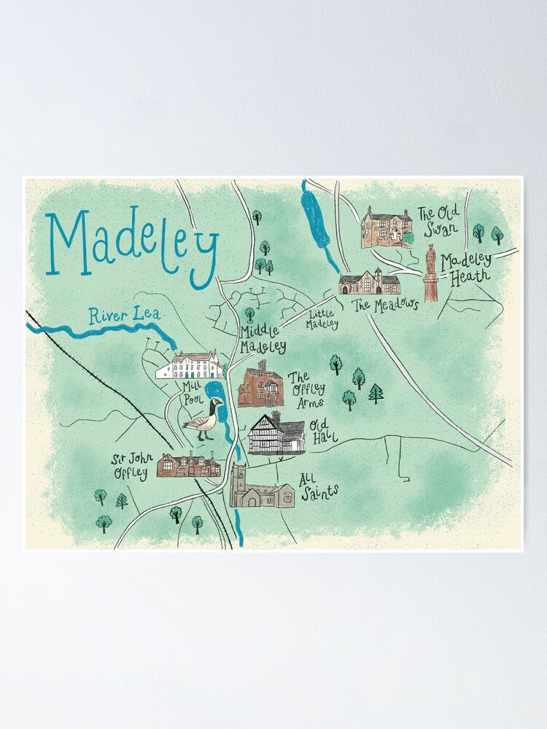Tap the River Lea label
[x=124, y=316]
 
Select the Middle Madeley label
[x=263, y=340]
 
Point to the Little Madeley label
[x=322, y=319]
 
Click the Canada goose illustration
[x=203, y=419]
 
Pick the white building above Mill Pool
[x=190, y=366]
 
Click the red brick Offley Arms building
[x=260, y=384]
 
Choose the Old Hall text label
[x=319, y=429]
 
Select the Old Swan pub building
[x=387, y=227]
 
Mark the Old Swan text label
[x=438, y=221]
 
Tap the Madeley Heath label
[x=467, y=268]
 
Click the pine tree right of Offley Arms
[x=376, y=394]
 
